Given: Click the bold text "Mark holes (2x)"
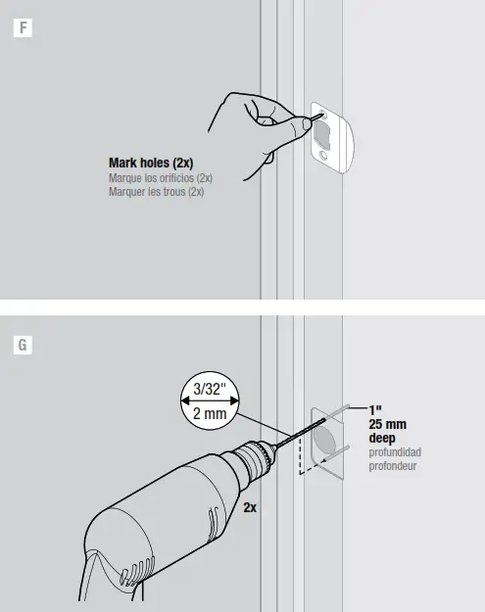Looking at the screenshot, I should pyautogui.click(x=155, y=162).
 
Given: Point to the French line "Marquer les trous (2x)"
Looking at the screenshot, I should pyautogui.click(x=156, y=192).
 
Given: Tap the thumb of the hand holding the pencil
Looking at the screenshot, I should pyautogui.click(x=267, y=121).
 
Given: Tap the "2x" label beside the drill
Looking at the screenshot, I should pyautogui.click(x=250, y=508).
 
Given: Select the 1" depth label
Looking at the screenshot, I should pyautogui.click(x=375, y=409).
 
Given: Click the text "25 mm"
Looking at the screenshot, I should pyautogui.click(x=388, y=424).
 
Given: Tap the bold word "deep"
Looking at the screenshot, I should pyautogui.click(x=382, y=438).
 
